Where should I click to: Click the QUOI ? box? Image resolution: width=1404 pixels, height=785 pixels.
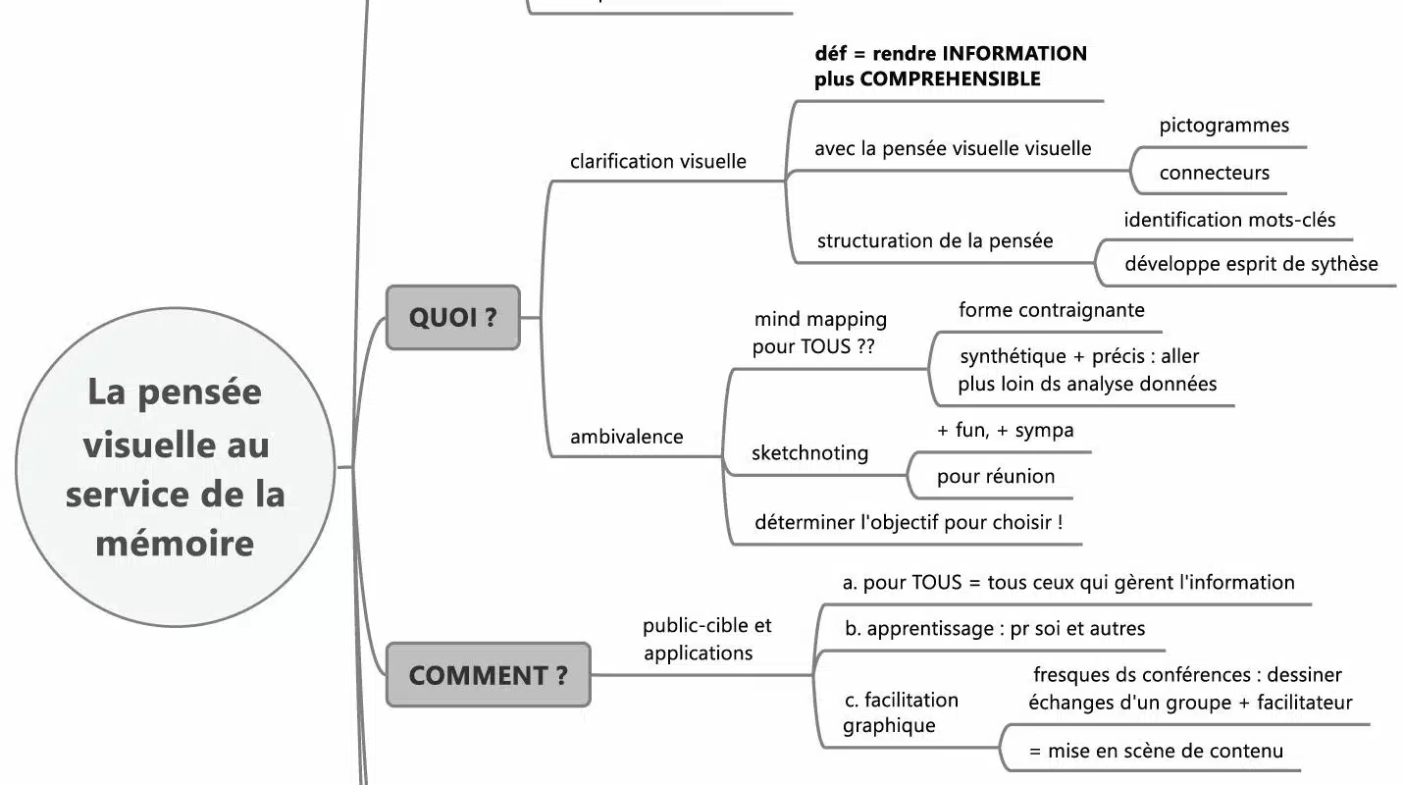coord(452,317)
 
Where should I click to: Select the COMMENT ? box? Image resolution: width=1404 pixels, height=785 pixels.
coord(488,675)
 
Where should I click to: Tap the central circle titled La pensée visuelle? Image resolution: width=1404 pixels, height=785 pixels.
coord(175,467)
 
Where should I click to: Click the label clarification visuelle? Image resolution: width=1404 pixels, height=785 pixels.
coord(657,161)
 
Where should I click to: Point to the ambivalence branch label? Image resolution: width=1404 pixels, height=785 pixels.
coord(626,437)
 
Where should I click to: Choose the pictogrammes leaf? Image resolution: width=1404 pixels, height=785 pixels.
coord(1223,126)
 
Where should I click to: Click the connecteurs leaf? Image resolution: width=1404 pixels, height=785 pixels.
coord(1214,173)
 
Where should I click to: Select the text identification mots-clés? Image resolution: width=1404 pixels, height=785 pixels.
coord(1229,220)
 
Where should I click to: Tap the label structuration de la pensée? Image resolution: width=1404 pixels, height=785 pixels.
coord(934,240)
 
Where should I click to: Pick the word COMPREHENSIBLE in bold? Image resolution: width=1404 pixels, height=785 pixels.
coord(950,79)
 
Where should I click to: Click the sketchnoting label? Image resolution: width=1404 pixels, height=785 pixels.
coord(809,452)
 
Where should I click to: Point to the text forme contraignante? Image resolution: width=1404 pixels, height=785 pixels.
coord(1051,310)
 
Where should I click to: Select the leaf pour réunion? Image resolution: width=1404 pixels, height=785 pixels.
coord(996,477)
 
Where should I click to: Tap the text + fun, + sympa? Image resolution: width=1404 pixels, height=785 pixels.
coord(1005,430)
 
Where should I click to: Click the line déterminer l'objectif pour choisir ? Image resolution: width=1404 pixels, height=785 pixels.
coord(909,522)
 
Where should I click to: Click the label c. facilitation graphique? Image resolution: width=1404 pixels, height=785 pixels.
coord(900,712)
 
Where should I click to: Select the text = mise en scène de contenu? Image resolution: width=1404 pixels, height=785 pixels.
coord(1156,752)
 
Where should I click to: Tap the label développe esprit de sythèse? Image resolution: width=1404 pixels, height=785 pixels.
coord(1251,264)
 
